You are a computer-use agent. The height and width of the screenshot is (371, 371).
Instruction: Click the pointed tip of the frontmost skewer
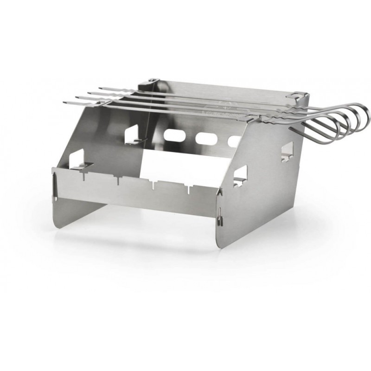65,102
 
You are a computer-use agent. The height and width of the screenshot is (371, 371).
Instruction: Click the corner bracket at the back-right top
297,96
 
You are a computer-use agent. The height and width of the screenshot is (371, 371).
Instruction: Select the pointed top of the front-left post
55,173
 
